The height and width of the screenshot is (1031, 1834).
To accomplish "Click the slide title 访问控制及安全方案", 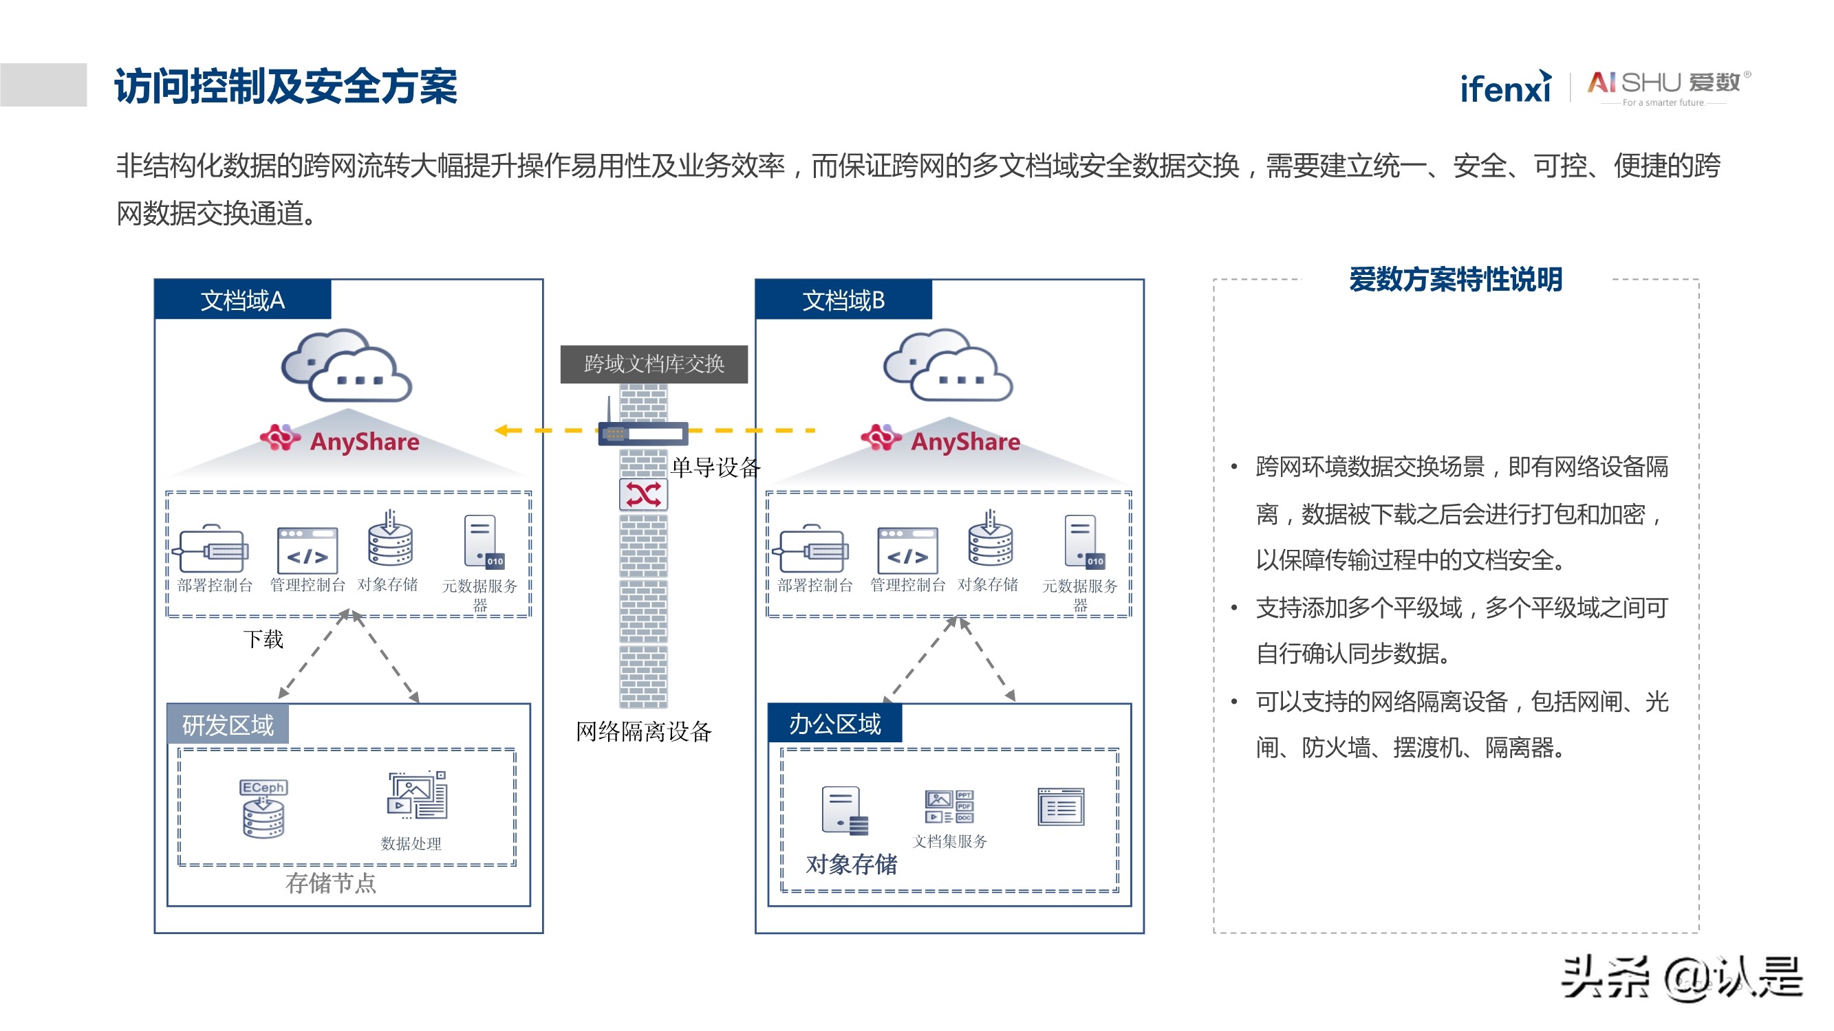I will pyautogui.click(x=285, y=87).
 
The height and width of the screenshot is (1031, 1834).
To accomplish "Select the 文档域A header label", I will pyautogui.click(x=243, y=300).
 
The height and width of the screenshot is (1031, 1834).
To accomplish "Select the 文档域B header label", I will pyautogui.click(x=843, y=300).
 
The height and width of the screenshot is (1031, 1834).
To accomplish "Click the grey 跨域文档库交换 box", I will pyautogui.click(x=654, y=364).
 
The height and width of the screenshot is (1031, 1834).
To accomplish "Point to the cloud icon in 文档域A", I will pyautogui.click(x=347, y=365).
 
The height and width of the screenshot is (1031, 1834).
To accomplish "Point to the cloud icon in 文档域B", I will pyautogui.click(x=948, y=365).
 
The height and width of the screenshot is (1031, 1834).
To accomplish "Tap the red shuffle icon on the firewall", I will pyautogui.click(x=644, y=494).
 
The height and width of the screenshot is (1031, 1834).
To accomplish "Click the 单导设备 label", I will pyautogui.click(x=715, y=467).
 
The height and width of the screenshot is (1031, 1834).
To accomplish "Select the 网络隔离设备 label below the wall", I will pyautogui.click(x=644, y=731).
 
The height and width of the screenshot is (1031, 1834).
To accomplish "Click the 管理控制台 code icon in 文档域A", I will pyautogui.click(x=308, y=550).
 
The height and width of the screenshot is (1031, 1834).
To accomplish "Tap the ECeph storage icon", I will pyautogui.click(x=263, y=810).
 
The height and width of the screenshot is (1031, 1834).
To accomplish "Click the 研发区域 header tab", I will pyautogui.click(x=228, y=725).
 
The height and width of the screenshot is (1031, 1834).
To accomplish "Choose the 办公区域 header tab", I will pyautogui.click(x=834, y=724).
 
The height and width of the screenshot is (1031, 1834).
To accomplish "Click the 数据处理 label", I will pyautogui.click(x=411, y=843).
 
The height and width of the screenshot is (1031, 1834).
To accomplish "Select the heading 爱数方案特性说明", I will pyautogui.click(x=1455, y=280).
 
